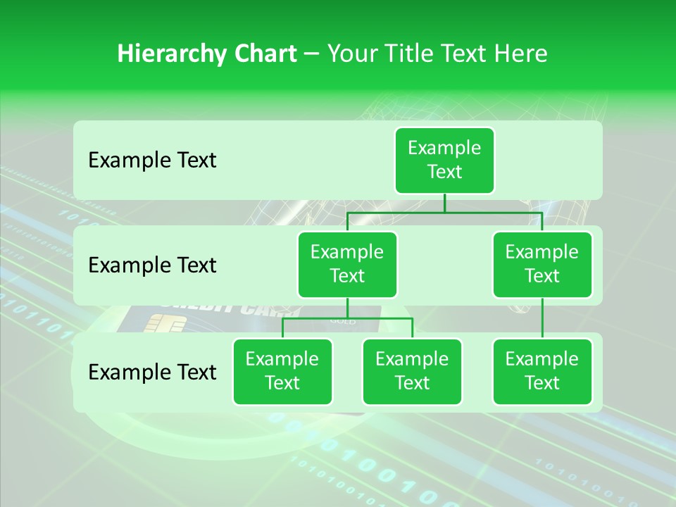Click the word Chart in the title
(264, 54)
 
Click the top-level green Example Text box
(444, 160)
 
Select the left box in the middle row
(347, 264)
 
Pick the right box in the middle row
(542, 264)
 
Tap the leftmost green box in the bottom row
(282, 371)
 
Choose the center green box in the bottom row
(412, 371)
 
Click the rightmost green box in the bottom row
(542, 371)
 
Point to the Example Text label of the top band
(152, 161)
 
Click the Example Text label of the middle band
(152, 265)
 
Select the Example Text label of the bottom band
(152, 372)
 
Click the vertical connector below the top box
(444, 203)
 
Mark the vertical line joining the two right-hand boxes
(542, 318)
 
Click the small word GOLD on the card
(343, 321)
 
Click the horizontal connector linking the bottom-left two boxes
(347, 318)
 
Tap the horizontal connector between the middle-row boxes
(444, 212)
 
